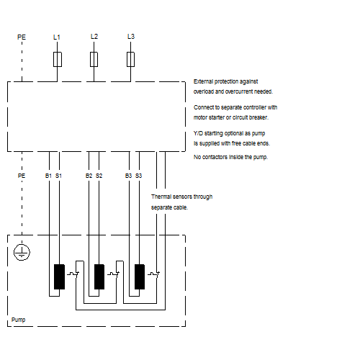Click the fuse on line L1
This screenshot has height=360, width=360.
pos(58,59)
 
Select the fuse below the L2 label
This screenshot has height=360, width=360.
pos(94,59)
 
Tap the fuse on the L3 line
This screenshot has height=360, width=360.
pos(130,59)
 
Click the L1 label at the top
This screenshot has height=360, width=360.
pos(57,37)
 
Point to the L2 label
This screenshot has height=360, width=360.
pos(94,37)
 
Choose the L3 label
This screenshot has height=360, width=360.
pos(131,37)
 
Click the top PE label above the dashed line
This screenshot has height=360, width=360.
pos(22,37)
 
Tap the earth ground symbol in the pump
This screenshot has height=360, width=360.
pos(22,252)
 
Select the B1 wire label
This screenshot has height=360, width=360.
pos(48,176)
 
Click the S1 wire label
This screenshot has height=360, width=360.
pos(58,176)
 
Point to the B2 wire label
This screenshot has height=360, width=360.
pos(89,176)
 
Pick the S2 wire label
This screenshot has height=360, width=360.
pos(99,176)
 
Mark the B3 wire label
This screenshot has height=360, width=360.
pos(129,176)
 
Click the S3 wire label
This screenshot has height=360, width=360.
pos(139,176)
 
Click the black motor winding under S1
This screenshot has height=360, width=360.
pos(59,276)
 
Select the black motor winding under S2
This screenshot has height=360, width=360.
pos(99,276)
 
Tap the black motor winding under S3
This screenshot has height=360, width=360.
pos(140,276)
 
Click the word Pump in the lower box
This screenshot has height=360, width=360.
pos(18,320)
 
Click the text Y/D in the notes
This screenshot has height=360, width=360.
pos(198,133)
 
